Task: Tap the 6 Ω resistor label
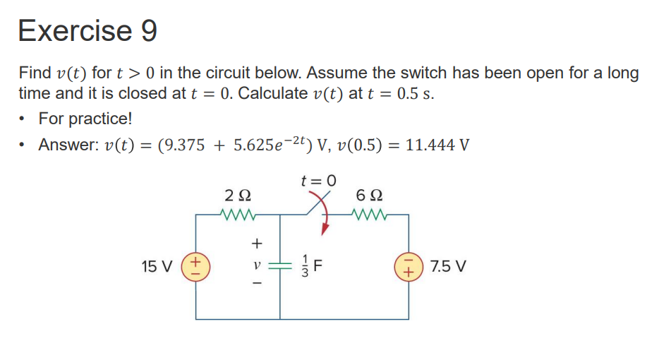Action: tap(370, 194)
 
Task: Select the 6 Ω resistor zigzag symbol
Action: tap(370, 212)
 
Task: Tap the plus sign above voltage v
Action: tap(257, 244)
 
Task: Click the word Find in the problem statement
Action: tap(35, 73)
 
